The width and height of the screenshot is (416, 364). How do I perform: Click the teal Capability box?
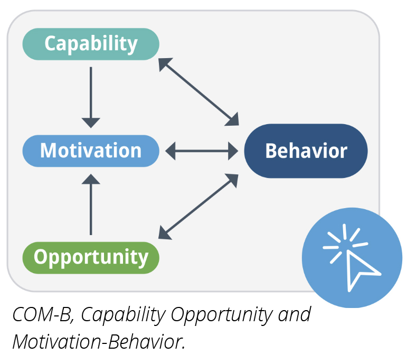[x=91, y=44]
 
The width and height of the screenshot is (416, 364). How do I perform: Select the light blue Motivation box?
[x=91, y=151]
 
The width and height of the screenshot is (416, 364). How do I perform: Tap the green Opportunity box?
[x=91, y=258]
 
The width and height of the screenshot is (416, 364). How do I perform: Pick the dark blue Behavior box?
[x=306, y=151]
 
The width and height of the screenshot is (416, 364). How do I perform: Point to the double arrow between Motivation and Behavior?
[x=202, y=152]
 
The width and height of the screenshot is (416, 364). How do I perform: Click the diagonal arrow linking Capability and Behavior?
[x=198, y=92]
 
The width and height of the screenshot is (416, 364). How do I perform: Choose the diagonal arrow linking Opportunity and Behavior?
[x=198, y=206]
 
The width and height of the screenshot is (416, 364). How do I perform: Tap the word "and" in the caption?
[x=294, y=315]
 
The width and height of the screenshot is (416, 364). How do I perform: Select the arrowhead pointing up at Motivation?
[x=91, y=180]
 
